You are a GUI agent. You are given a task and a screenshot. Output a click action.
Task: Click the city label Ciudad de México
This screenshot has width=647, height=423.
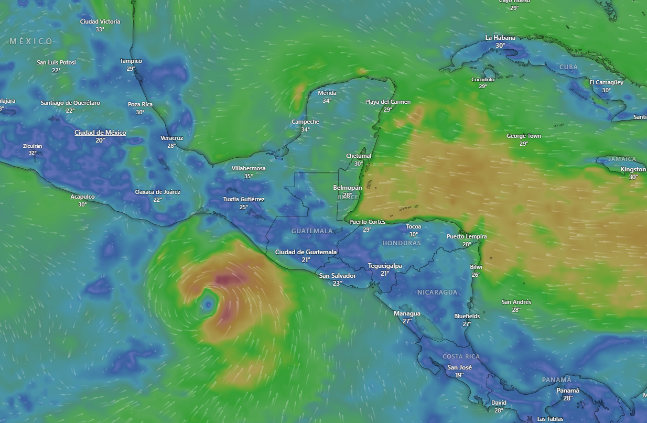click(x=100, y=133)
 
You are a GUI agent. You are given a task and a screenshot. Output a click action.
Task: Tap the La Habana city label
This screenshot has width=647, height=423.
click(x=500, y=38)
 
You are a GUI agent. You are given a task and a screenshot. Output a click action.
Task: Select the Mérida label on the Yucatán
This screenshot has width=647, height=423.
click(x=327, y=93)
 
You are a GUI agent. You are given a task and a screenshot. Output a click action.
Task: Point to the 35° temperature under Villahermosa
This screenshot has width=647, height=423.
click(x=249, y=176)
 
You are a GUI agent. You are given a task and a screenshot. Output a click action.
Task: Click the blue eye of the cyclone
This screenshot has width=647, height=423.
click(x=209, y=303)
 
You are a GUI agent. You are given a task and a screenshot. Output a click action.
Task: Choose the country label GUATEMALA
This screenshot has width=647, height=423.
click(x=312, y=231)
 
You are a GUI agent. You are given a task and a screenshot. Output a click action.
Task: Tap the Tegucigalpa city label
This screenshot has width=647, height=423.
click(x=385, y=266)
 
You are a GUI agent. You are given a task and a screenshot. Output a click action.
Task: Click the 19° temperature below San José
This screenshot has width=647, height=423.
click(x=459, y=375)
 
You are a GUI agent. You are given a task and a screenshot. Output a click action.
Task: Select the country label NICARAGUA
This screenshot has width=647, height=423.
click(x=437, y=292)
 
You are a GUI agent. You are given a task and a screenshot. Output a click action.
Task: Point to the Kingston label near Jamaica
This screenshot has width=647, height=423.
click(x=633, y=169)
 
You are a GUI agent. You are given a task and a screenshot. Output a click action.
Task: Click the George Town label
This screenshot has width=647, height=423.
click(x=523, y=136)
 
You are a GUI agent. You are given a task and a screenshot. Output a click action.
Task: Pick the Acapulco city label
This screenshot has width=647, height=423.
click(x=82, y=197)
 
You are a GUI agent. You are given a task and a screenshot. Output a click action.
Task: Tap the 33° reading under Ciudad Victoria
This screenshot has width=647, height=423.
click(x=100, y=29)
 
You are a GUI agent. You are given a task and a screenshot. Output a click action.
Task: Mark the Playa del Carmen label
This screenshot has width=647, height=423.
click(x=388, y=102)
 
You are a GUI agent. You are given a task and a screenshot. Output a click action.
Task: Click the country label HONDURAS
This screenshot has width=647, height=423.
click(x=402, y=243)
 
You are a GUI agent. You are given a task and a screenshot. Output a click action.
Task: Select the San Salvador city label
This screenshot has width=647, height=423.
click(x=337, y=276)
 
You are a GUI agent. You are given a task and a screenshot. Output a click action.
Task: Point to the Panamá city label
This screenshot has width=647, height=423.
click(x=568, y=391)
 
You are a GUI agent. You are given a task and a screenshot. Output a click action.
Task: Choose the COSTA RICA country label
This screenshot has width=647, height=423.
click(x=461, y=357)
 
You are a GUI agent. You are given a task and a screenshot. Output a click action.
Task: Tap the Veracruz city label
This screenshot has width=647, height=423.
click(x=171, y=138)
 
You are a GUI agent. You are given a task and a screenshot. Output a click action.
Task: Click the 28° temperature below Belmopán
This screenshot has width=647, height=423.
click(x=348, y=196)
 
